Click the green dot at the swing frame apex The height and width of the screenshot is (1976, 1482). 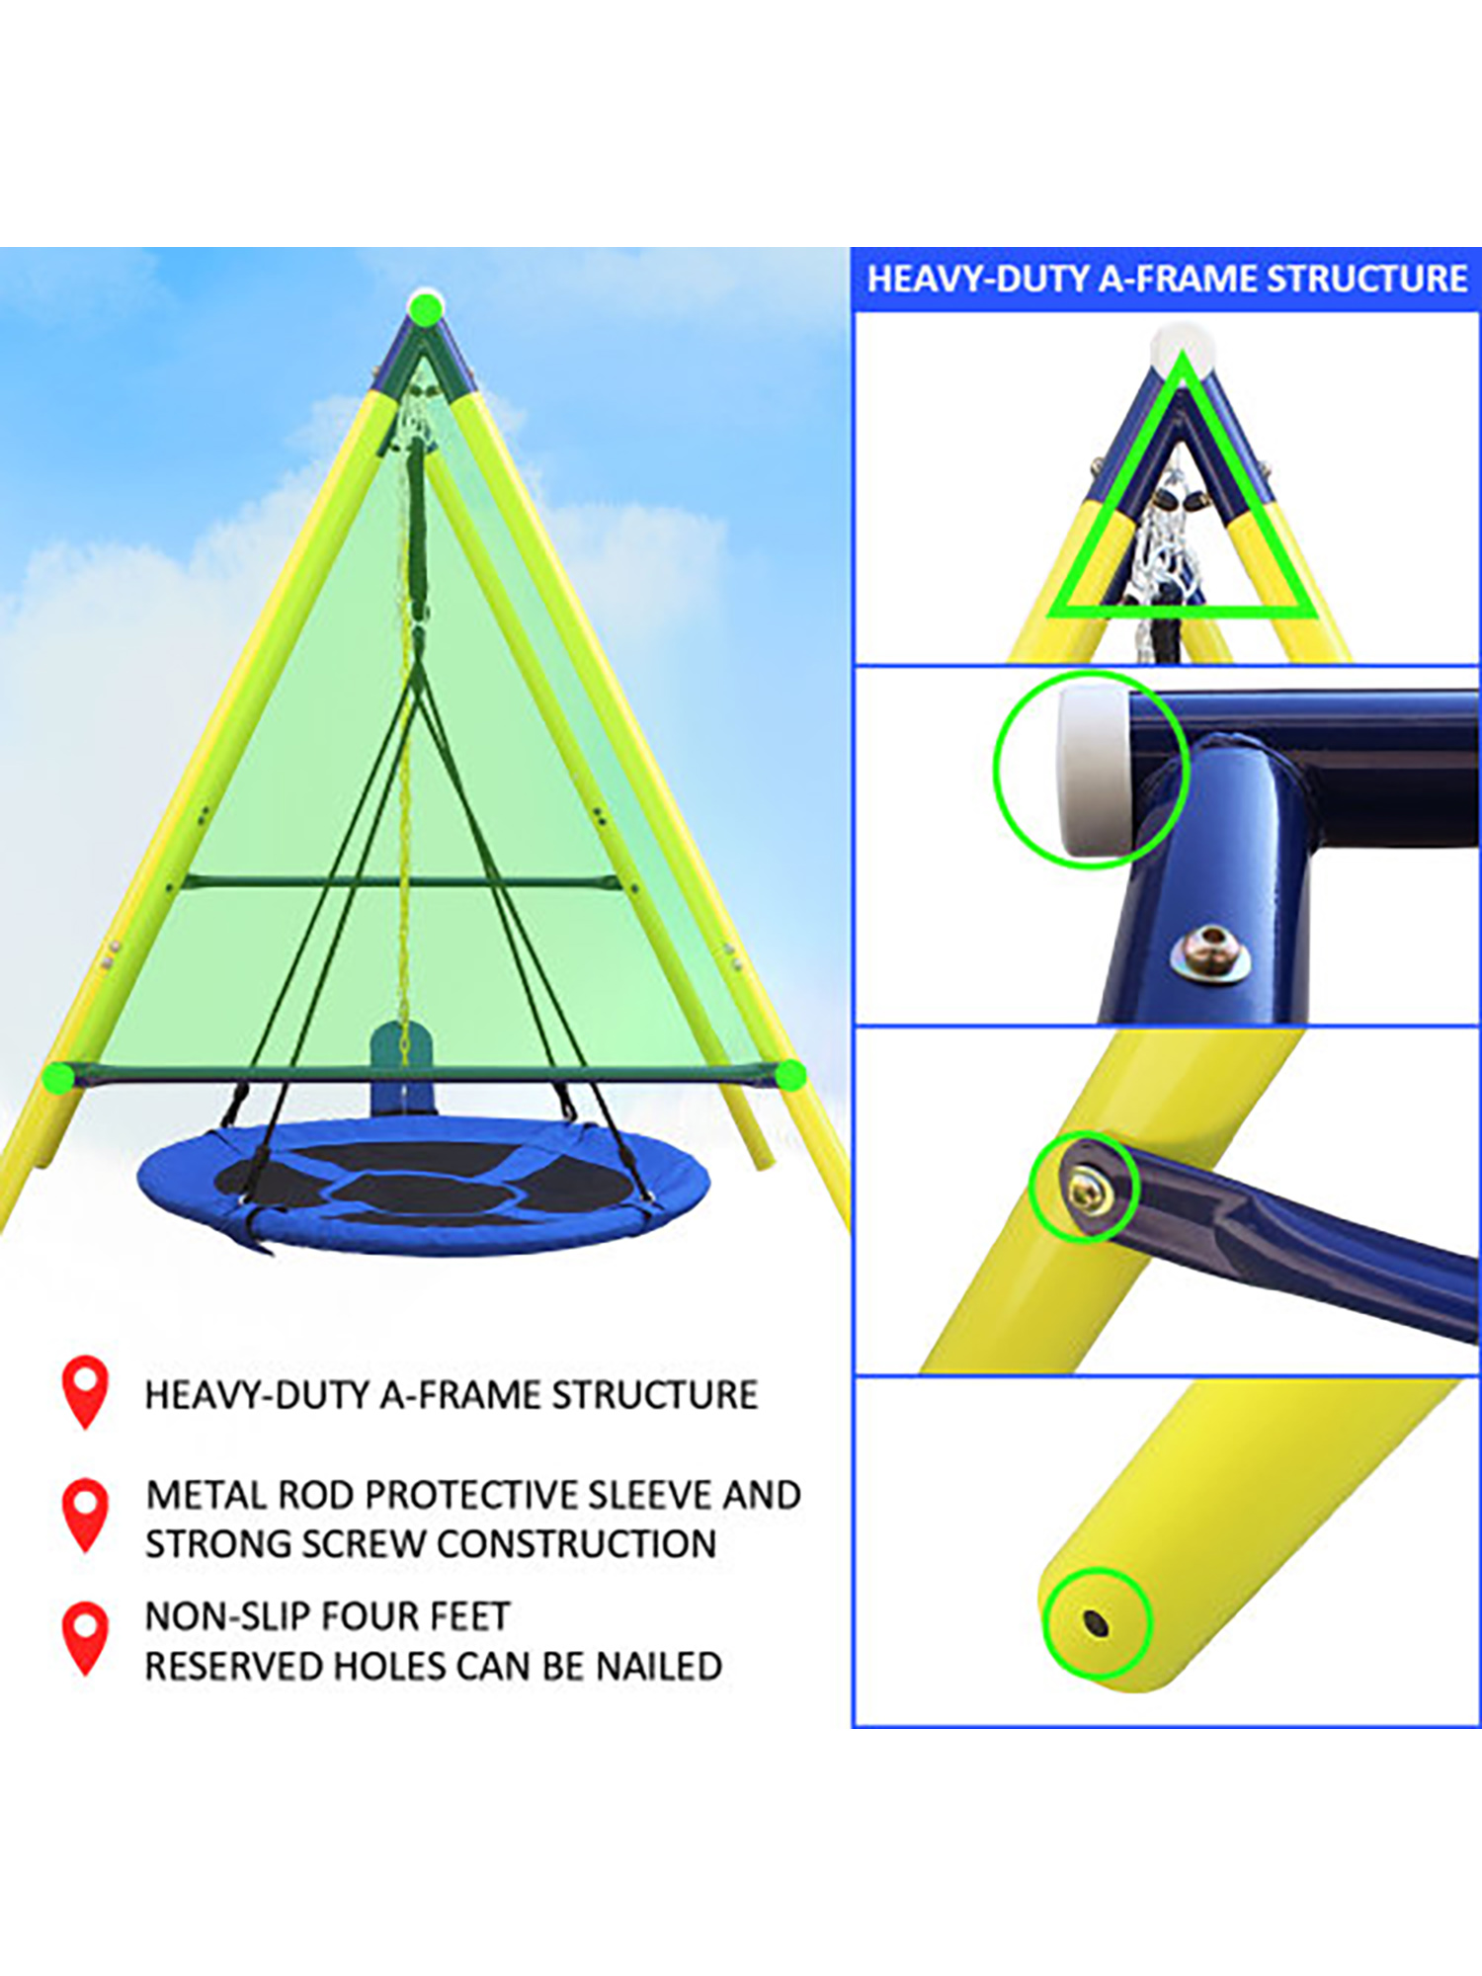[x=426, y=308]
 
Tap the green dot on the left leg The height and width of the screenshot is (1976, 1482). [x=59, y=1077]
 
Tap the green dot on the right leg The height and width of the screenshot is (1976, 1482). [x=789, y=1074]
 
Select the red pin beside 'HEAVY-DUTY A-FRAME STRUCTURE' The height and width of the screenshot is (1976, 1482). [x=85, y=1392]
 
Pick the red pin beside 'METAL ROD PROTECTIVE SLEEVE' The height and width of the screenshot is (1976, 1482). [x=85, y=1516]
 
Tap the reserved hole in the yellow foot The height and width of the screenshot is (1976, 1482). [x=1095, y=1623]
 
